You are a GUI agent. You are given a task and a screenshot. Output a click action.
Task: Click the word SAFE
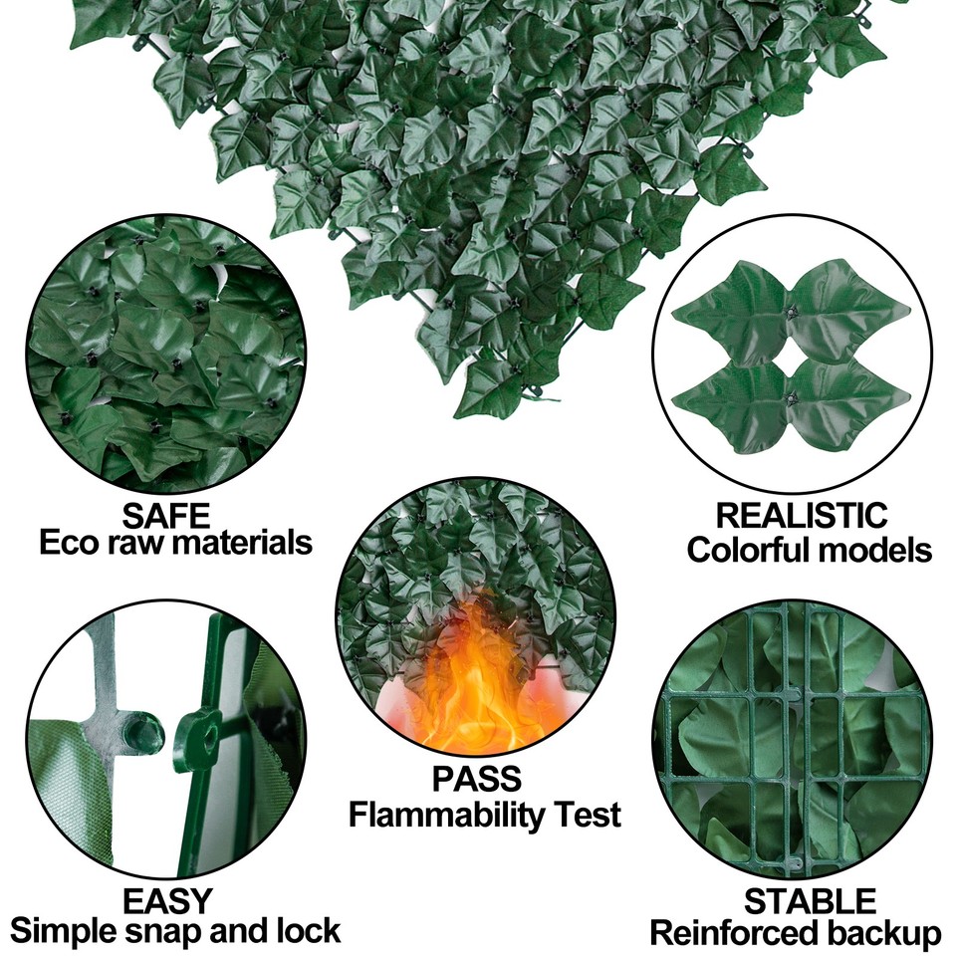(166, 516)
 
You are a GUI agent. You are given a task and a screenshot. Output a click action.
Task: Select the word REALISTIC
(802, 516)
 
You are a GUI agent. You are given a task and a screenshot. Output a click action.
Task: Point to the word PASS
(476, 779)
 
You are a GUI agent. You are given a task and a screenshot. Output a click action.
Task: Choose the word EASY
(167, 900)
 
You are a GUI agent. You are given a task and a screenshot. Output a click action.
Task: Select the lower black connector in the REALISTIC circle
(792, 400)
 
